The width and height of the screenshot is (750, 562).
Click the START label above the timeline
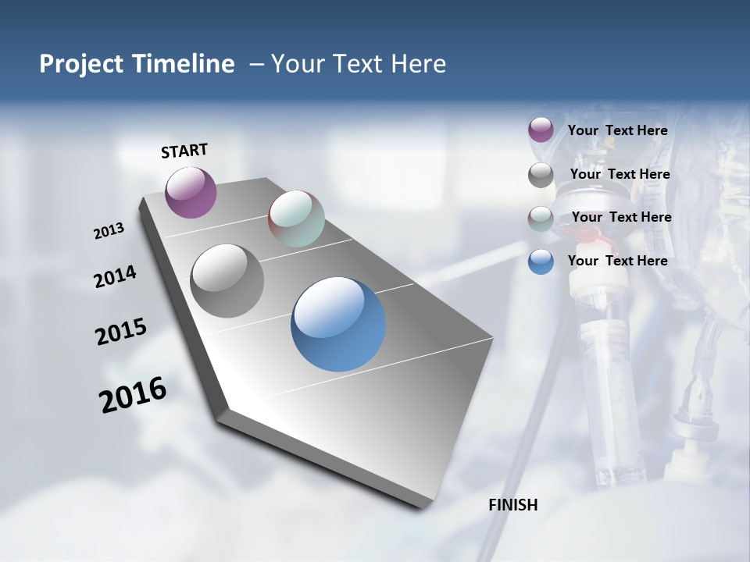(x=184, y=151)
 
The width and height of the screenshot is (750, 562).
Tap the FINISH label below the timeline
(x=512, y=505)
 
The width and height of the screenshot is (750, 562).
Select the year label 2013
(x=109, y=231)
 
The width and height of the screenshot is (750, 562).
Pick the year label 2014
(x=115, y=277)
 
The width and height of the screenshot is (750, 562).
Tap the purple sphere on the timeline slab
(x=191, y=192)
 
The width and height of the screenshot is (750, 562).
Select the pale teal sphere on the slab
(x=296, y=219)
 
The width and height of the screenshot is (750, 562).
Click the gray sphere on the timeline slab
(x=227, y=280)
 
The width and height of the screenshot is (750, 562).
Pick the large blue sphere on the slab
(x=338, y=324)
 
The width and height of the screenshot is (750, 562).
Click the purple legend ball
(x=541, y=130)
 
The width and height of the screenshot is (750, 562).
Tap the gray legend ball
(x=541, y=175)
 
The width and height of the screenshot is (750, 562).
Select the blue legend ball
(x=541, y=261)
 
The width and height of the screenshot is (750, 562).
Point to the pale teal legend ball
(x=541, y=219)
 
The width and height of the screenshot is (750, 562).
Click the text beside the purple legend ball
(x=617, y=131)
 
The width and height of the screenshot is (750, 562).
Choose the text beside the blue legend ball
(x=617, y=261)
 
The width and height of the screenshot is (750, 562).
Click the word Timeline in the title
(x=185, y=64)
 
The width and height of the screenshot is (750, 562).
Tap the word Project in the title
(x=82, y=64)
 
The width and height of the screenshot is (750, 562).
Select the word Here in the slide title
(x=417, y=64)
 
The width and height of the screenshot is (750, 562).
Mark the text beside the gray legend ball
(x=620, y=174)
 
